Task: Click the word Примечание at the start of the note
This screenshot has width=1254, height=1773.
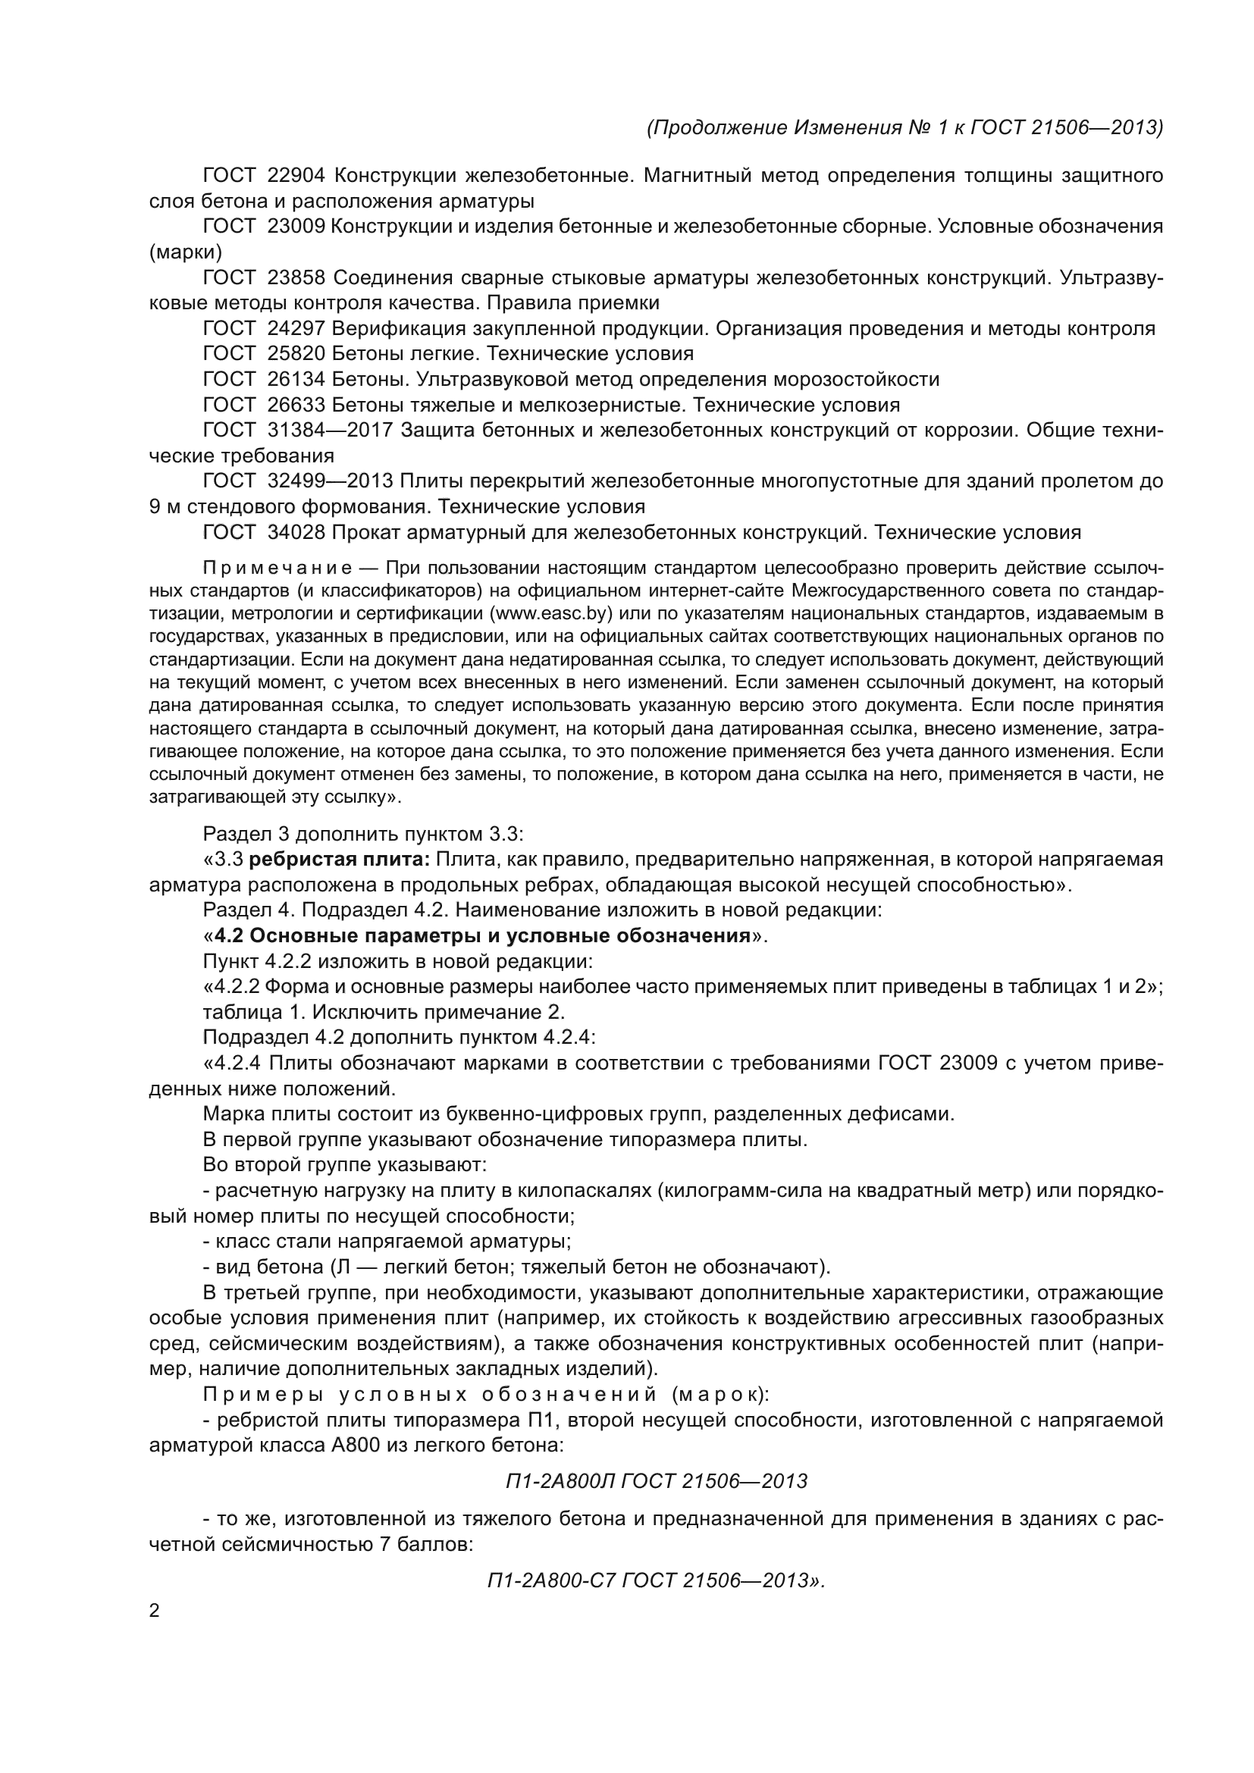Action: tap(277, 569)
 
